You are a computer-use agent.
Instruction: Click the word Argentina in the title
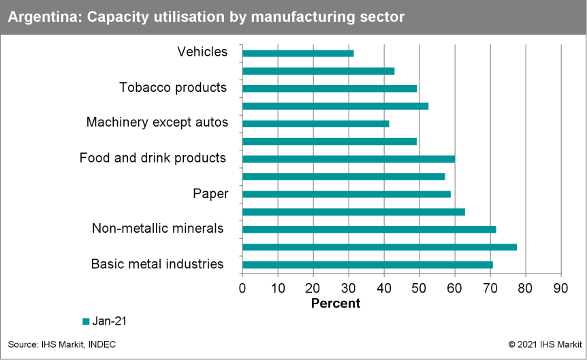pyautogui.click(x=39, y=17)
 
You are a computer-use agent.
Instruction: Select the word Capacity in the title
pyautogui.click(x=106, y=17)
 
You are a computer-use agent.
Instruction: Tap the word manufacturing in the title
pyautogui.click(x=307, y=17)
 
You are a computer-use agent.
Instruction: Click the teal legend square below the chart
pyautogui.click(x=86, y=321)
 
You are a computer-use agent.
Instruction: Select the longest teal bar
pyautogui.click(x=379, y=247)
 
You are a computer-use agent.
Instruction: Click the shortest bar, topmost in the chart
pyautogui.click(x=298, y=53)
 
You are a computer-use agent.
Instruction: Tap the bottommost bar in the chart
pyautogui.click(x=367, y=265)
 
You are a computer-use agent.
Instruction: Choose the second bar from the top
pyautogui.click(x=318, y=71)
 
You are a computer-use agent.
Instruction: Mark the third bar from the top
pyautogui.click(x=330, y=88)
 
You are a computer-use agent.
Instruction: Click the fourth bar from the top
pyautogui.click(x=335, y=106)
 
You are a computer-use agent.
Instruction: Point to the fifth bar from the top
pyautogui.click(x=315, y=124)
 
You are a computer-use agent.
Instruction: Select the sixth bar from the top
pyautogui.click(x=329, y=142)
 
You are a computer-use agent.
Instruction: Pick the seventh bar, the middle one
pyautogui.click(x=348, y=159)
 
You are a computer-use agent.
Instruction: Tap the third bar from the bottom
pyautogui.click(x=369, y=229)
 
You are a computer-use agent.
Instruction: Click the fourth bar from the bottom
pyautogui.click(x=353, y=212)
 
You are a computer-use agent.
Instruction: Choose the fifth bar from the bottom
pyautogui.click(x=346, y=194)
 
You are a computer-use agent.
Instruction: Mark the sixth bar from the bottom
pyautogui.click(x=343, y=176)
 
